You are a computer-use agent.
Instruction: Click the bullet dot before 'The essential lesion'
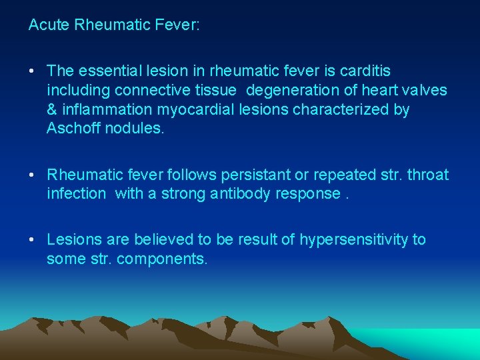pos(32,71)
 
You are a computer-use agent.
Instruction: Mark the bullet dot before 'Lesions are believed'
pos(32,240)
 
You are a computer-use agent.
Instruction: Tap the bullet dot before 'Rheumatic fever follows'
pos(32,175)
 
